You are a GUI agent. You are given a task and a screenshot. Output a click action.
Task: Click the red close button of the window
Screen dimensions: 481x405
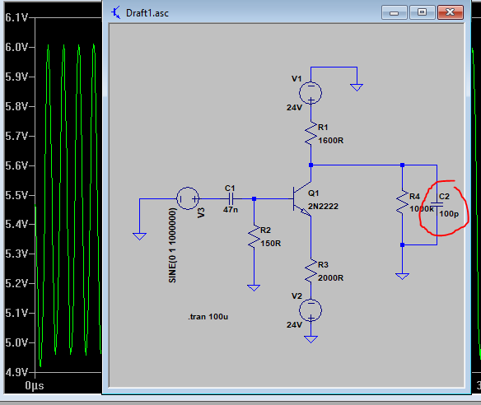[450, 12]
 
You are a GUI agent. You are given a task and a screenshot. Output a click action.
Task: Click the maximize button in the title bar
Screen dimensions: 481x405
[422, 12]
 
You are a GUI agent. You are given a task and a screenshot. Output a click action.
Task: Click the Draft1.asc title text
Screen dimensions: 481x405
[147, 13]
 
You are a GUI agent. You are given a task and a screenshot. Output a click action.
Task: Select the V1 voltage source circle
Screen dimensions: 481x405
[311, 93]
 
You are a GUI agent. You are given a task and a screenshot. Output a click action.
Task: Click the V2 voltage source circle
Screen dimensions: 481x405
[311, 310]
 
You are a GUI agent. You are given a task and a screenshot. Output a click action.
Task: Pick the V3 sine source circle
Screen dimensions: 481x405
[188, 198]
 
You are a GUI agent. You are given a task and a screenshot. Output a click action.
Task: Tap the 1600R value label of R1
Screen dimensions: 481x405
[331, 141]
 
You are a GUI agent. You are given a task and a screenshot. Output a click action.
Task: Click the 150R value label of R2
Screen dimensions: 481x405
[270, 244]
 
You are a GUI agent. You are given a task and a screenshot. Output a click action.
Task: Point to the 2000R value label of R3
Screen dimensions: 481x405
[331, 278]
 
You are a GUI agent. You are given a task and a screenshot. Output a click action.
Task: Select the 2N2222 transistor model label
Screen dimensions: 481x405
[323, 207]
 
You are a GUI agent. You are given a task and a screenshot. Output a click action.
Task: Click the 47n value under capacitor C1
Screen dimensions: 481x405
[231, 210]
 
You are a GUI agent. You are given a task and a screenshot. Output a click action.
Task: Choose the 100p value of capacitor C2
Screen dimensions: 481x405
[449, 214]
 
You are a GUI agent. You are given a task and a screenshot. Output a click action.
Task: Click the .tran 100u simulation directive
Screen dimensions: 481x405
[208, 317]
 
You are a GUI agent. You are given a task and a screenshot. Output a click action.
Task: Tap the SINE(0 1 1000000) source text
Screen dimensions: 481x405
[172, 245]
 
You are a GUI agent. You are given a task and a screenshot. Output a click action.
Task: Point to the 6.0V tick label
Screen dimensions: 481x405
[16, 47]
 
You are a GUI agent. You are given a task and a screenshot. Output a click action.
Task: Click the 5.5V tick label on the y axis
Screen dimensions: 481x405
[16, 195]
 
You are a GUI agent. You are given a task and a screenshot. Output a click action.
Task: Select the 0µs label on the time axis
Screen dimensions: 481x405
[35, 386]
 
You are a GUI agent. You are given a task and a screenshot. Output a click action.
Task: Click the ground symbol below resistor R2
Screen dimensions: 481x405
[254, 287]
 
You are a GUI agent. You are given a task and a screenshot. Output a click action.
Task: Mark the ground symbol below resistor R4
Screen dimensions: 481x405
[402, 277]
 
